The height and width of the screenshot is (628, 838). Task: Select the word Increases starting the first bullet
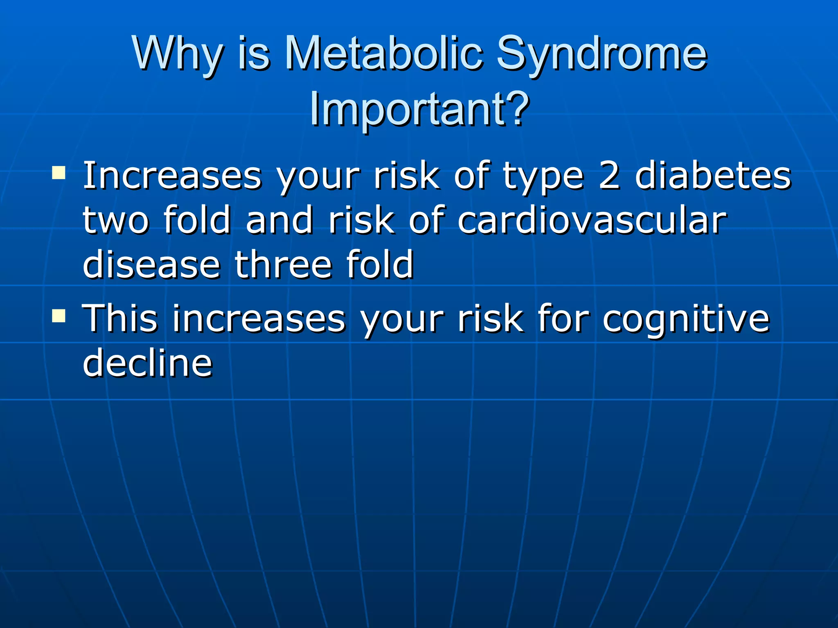pyautogui.click(x=172, y=176)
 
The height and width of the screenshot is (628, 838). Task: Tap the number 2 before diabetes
pyautogui.click(x=609, y=176)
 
